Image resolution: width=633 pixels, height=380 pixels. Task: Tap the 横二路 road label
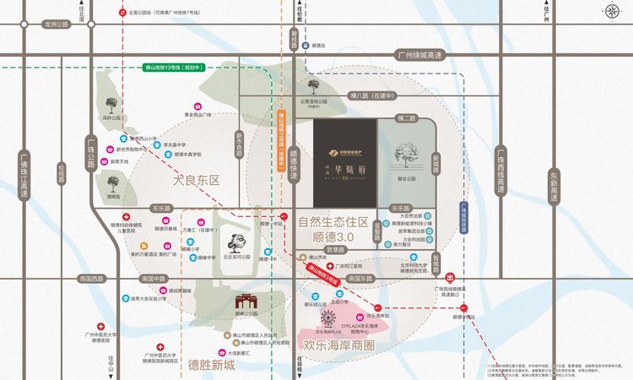tap(406, 118)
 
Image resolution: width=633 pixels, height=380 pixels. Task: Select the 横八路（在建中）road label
tap(373, 99)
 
